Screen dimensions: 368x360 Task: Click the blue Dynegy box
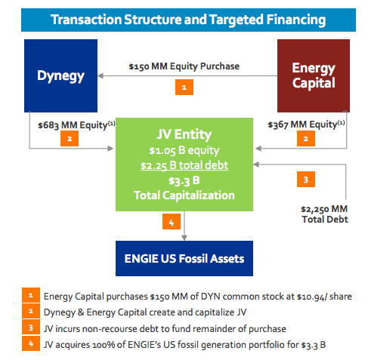tap(60, 75)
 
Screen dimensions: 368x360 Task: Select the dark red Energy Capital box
tap(314, 75)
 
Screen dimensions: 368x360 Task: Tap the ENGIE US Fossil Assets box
tap(184, 258)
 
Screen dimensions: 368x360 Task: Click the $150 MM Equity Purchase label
tap(184, 66)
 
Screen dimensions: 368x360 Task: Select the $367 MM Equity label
tap(306, 125)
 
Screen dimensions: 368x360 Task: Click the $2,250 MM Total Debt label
tap(325, 214)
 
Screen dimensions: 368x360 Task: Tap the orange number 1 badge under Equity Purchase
tap(184, 87)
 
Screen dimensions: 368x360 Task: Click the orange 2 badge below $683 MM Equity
tap(70, 139)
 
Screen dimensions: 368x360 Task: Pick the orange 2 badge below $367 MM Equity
tap(306, 139)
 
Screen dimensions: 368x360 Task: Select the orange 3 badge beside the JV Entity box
tap(306, 180)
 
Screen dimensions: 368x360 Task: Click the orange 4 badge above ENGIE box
tap(172, 222)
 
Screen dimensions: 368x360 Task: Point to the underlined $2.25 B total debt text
tap(184, 165)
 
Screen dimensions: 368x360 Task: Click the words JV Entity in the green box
tap(184, 134)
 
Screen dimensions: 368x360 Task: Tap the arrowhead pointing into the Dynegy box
tap(101, 75)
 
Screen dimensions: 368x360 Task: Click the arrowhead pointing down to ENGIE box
tap(184, 238)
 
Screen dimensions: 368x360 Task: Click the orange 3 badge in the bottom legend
tap(31, 328)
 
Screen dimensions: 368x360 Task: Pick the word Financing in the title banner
tap(296, 20)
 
